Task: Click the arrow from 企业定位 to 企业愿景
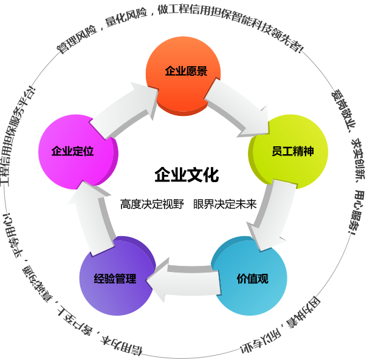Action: [x=124, y=110]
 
